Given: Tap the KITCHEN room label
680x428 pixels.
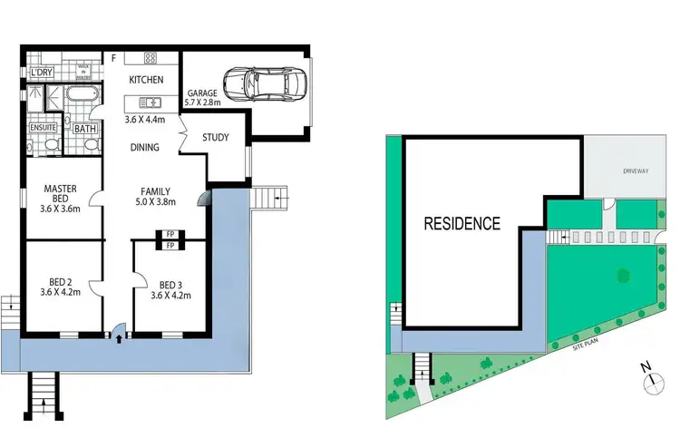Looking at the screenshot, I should pyautogui.click(x=145, y=81).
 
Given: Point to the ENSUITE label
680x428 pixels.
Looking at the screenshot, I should pyautogui.click(x=44, y=128).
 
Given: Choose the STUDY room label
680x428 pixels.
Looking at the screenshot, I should pyautogui.click(x=215, y=139).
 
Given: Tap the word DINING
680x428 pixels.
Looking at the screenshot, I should pyautogui.click(x=144, y=147).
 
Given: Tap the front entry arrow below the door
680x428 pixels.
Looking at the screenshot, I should pyautogui.click(x=118, y=340).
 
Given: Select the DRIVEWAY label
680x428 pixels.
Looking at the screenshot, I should pyautogui.click(x=634, y=170).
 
